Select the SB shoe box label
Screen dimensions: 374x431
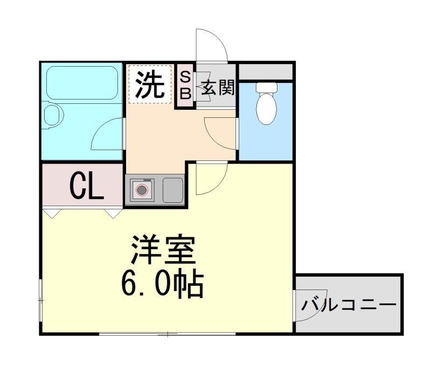tap(185, 85)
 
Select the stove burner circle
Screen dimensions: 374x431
tap(141, 189)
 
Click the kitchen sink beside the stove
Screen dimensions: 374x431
tap(172, 189)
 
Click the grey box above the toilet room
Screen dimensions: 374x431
tap(266, 71)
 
